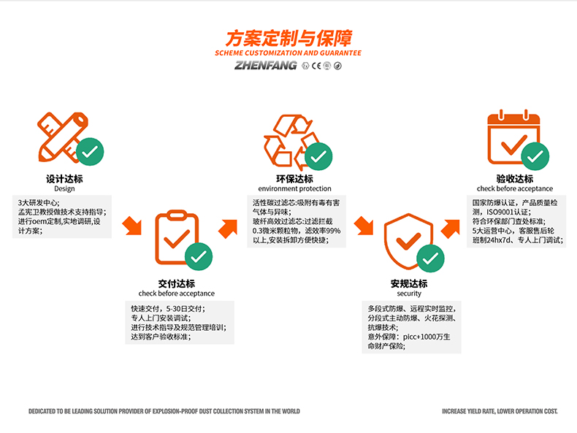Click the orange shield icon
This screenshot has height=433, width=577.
[x=405, y=241]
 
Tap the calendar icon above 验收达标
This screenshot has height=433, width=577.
[x=511, y=135]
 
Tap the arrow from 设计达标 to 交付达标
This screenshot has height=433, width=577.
[x=133, y=226]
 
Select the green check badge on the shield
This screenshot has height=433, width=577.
[x=431, y=257]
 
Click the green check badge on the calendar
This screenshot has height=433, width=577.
[x=537, y=154]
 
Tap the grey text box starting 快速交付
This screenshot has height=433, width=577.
[x=179, y=323]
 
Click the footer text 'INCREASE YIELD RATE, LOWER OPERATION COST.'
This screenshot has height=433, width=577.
[x=500, y=412]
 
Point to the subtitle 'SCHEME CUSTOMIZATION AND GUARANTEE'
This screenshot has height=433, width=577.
[x=288, y=53]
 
